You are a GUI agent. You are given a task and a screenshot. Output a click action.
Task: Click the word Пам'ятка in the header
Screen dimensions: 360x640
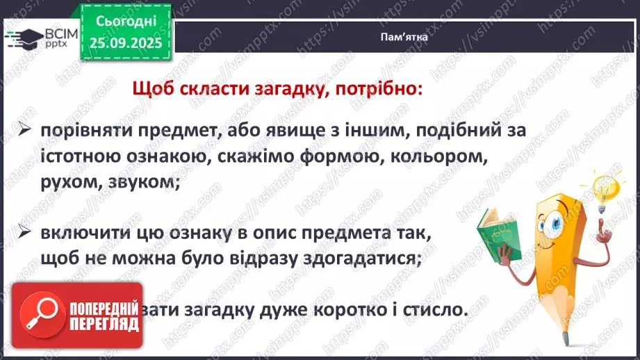tap(404, 39)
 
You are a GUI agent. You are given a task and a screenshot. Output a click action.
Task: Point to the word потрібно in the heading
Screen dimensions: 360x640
tap(381, 90)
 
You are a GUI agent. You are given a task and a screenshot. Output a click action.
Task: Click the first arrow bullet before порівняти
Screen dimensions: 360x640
tap(24, 131)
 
